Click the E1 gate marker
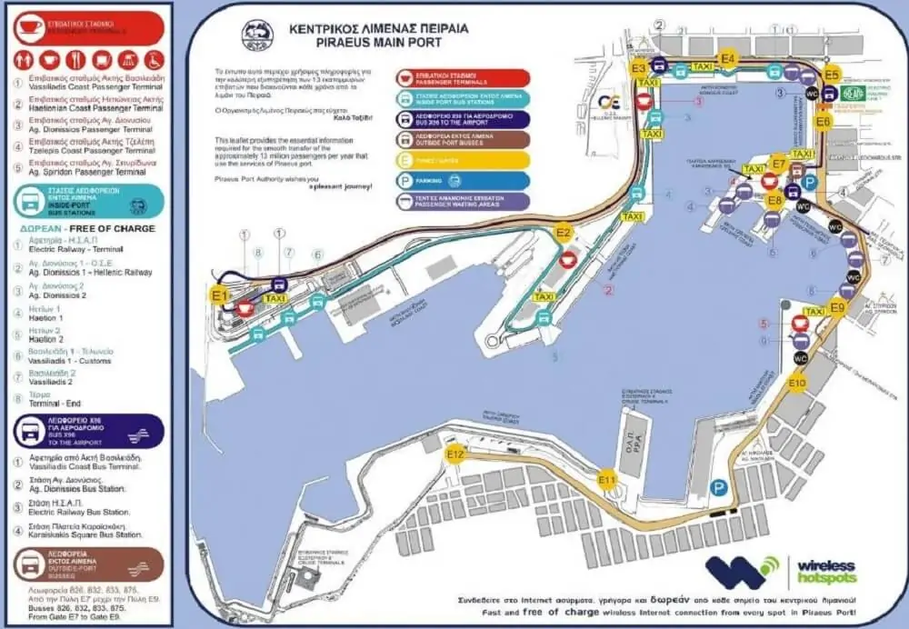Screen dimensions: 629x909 218,295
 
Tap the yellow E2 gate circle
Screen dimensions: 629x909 564,234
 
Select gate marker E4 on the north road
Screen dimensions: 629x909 727,59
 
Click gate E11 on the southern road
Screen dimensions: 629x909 607,479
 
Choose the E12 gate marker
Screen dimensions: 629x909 455,454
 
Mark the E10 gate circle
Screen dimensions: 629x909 797,384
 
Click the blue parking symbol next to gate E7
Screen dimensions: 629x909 810,182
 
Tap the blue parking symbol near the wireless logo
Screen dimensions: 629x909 719,488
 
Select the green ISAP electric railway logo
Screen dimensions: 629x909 852,93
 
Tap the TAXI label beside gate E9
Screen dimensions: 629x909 814,312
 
